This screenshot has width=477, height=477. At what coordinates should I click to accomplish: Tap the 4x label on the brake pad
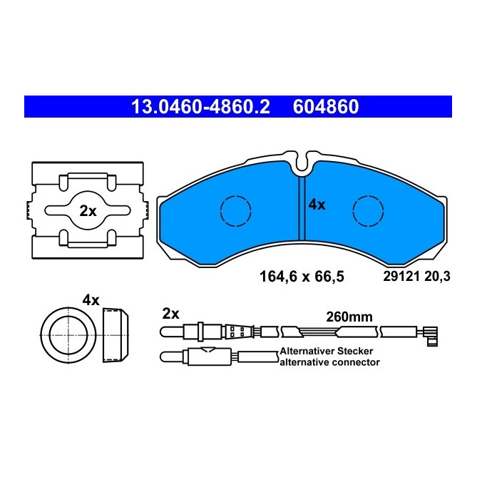pos(317,205)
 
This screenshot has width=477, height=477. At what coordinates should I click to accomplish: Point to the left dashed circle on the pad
pos(236,210)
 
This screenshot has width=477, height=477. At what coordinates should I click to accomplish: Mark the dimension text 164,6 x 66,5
pos(300,277)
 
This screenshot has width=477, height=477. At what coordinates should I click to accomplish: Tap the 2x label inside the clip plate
pos(88,211)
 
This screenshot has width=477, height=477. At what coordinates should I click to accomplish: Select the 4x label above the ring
pos(90,300)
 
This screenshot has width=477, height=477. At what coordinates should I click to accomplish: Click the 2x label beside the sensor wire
pos(171,313)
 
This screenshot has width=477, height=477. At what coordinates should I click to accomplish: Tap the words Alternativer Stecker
pos(327,352)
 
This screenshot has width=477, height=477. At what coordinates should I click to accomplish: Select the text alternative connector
pos(329,362)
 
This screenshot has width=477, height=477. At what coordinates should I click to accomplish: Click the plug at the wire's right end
pos(430,333)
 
